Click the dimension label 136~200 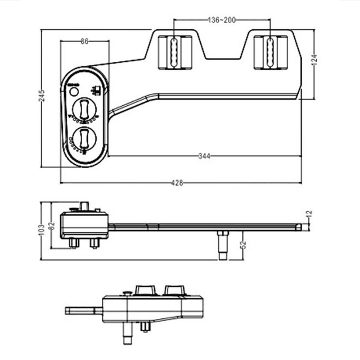pyautogui.click(x=221, y=20)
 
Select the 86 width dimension pyautogui.click(x=84, y=41)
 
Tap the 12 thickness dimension pyautogui.click(x=308, y=214)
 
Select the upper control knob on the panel pyautogui.click(x=84, y=107)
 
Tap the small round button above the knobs pyautogui.click(x=73, y=91)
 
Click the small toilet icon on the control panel pyautogui.click(x=97, y=90)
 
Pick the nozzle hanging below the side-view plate pyautogui.click(x=223, y=245)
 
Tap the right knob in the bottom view pyautogui.click(x=174, y=290)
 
